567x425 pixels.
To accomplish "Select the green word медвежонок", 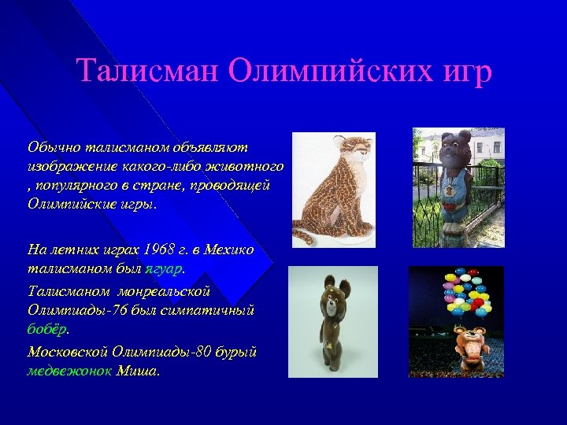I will pyautogui.click(x=69, y=371).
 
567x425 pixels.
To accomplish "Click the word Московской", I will pyautogui.click(x=69, y=351).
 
